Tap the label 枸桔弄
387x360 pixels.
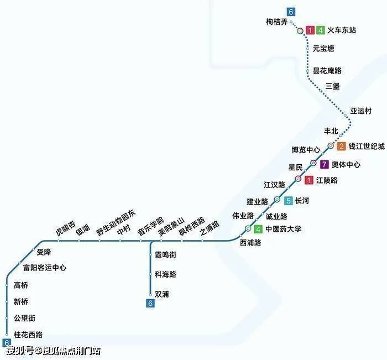pyautogui.click(x=277, y=22)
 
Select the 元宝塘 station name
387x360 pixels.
pyautogui.click(x=323, y=49)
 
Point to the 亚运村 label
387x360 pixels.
pyautogui.click(x=361, y=111)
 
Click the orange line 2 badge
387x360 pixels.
pyautogui.click(x=342, y=147)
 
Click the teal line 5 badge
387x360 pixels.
pyautogui.click(x=288, y=201)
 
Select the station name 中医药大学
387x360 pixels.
pyautogui.click(x=284, y=229)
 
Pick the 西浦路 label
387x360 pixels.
pyautogui.click(x=250, y=243)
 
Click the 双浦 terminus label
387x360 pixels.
pyautogui.click(x=162, y=294)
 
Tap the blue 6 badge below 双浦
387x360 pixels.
pyautogui.click(x=150, y=303)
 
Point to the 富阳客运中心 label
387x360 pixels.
pyautogui.click(x=45, y=268)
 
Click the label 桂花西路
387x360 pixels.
pyautogui.click(x=28, y=335)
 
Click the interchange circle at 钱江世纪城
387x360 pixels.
pyautogui.click(x=331, y=146)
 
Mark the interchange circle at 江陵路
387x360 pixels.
pyautogui.click(x=299, y=179)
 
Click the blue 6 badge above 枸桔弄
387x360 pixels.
pyautogui.click(x=291, y=12)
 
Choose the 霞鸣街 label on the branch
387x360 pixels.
pyautogui.click(x=165, y=255)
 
